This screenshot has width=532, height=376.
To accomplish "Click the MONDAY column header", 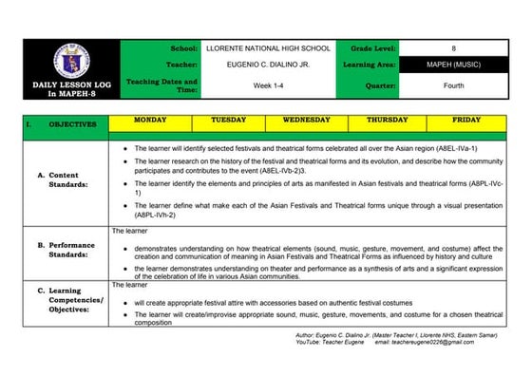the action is (x=149, y=122).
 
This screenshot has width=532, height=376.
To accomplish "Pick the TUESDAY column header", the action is (x=228, y=122).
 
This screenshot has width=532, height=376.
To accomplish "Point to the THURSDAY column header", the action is (x=387, y=122).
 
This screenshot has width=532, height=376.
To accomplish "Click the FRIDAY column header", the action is (x=466, y=122).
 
